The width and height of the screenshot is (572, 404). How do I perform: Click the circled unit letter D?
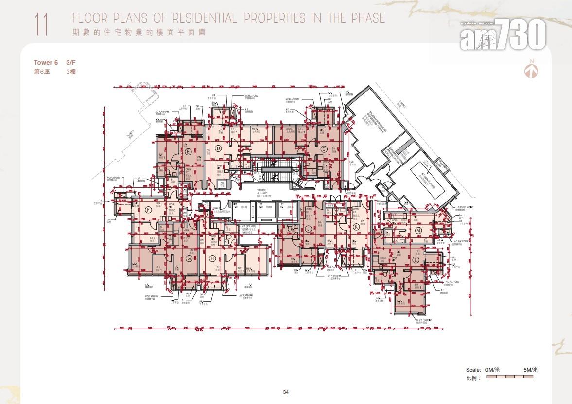219,148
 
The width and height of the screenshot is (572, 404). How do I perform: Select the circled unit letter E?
188,151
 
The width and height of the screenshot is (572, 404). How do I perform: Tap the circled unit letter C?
324,149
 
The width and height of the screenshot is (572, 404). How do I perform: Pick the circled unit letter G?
189,258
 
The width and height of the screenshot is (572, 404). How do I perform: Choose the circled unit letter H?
212,258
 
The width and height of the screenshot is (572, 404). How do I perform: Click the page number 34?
286,392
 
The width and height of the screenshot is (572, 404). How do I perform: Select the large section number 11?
41,25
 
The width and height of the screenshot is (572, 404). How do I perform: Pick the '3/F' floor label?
71,62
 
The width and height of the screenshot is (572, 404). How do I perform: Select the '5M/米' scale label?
530,370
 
